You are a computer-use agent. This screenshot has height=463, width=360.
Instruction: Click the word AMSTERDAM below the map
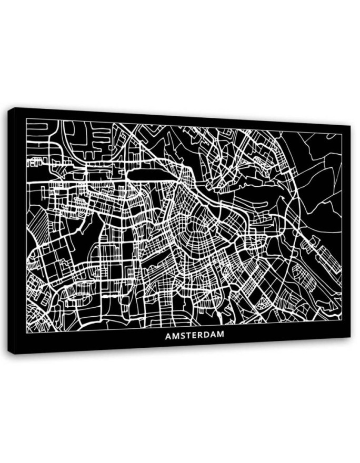(195, 335)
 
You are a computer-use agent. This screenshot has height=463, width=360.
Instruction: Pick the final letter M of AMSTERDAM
(221, 335)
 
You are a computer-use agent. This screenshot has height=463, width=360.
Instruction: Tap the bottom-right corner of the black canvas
(350, 337)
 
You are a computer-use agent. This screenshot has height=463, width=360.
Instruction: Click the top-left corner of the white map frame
(26, 119)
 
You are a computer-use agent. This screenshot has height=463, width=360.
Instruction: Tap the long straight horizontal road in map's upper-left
(100, 182)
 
